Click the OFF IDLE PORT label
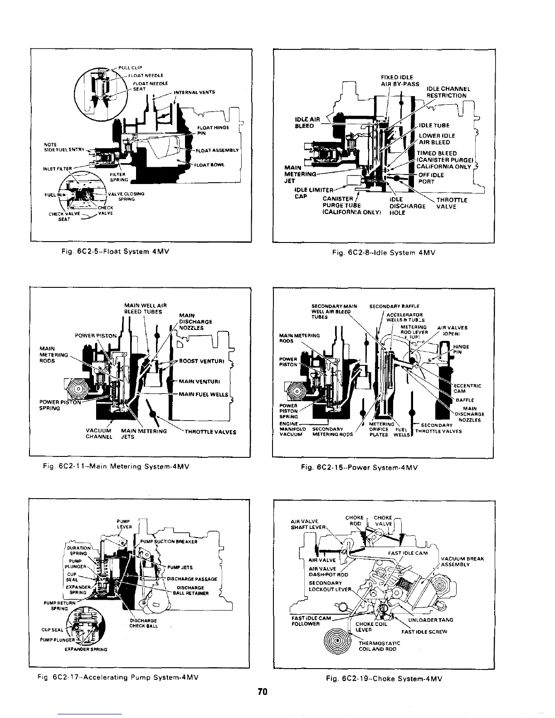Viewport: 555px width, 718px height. pyautogui.click(x=431, y=178)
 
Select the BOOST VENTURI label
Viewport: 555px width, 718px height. pyautogui.click(x=202, y=361)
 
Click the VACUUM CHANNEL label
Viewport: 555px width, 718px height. pyautogui.click(x=99, y=434)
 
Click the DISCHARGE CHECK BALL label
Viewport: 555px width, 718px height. pyautogui.click(x=144, y=623)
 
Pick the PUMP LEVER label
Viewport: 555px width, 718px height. pyautogui.click(x=124, y=524)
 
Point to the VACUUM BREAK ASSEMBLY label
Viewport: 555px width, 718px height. pyautogui.click(x=462, y=562)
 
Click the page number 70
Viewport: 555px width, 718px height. pyautogui.click(x=263, y=692)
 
